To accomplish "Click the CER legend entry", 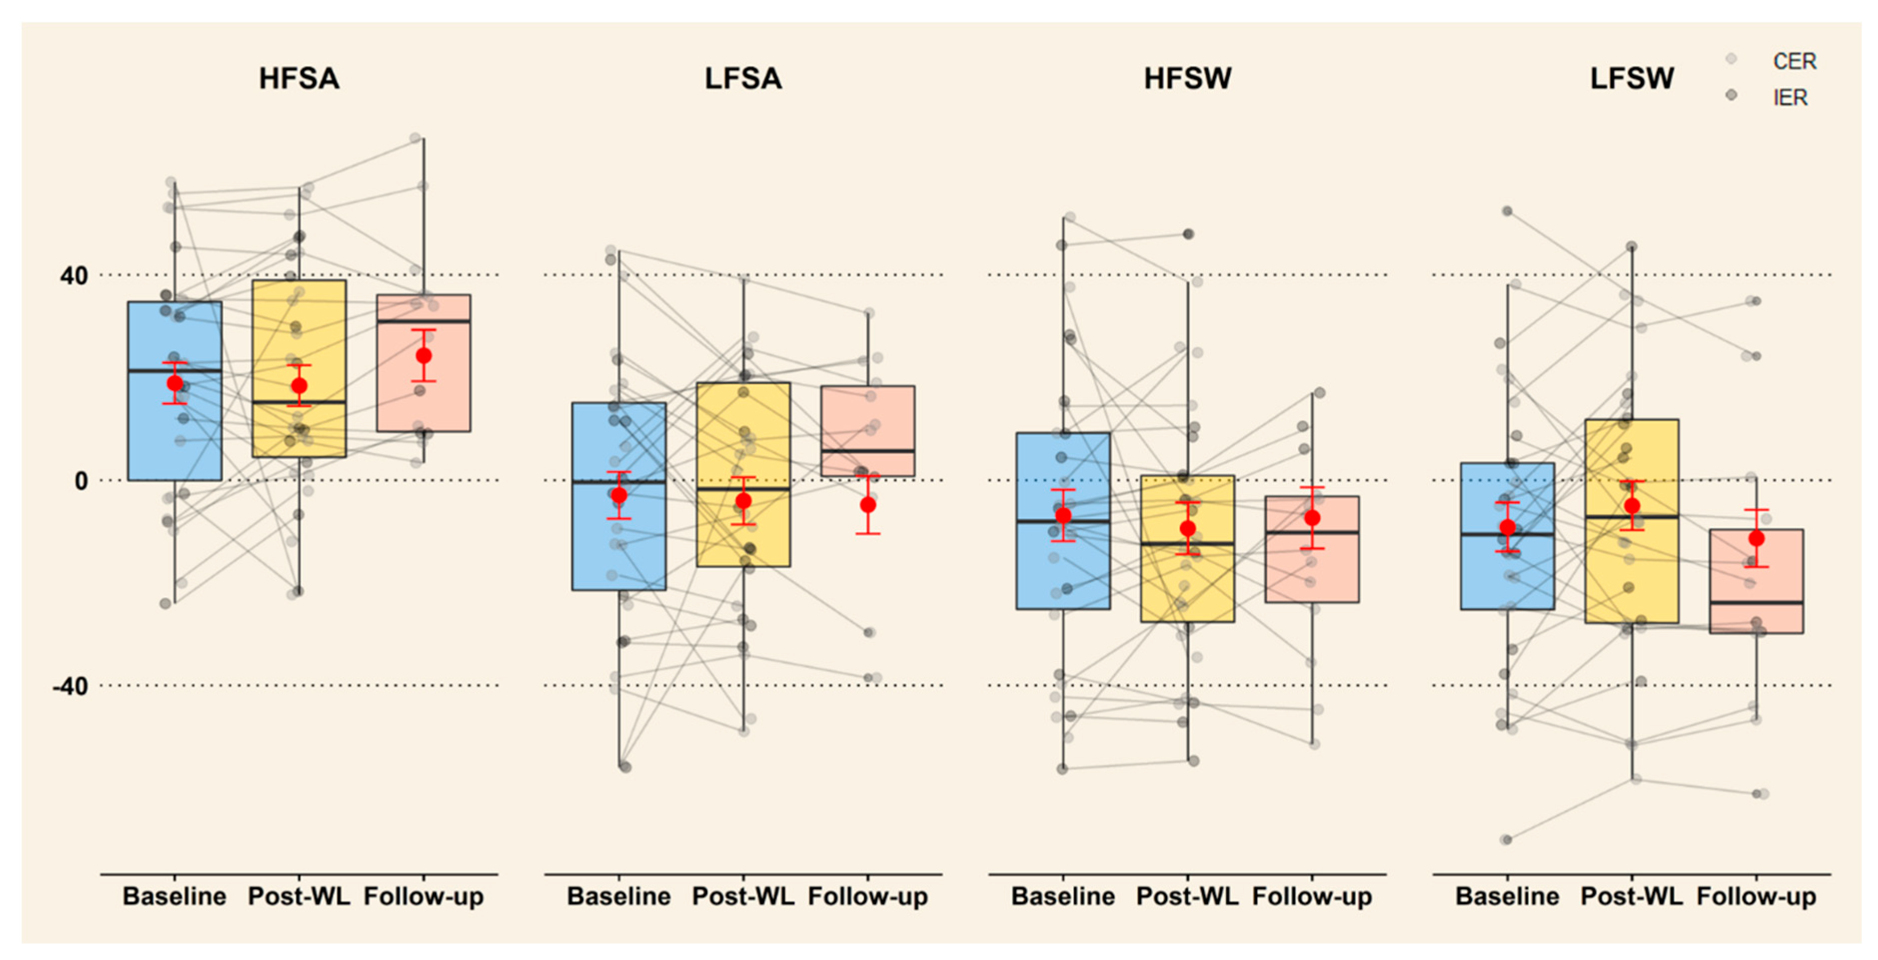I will pos(1794,61).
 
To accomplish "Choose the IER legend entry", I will pos(1790,97).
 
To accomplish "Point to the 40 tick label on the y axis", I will pos(73,276).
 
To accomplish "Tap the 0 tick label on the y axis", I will pos(81,481).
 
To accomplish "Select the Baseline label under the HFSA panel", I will pos(174,896).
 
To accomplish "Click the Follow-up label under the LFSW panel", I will pos(1756,896).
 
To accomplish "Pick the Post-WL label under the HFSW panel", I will pos(1187,896).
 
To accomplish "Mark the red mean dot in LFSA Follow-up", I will pos(867,505).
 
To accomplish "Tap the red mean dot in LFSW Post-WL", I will pos(1632,506).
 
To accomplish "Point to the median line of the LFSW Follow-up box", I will pos(1756,603).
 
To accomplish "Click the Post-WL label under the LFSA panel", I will pos(743,896).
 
